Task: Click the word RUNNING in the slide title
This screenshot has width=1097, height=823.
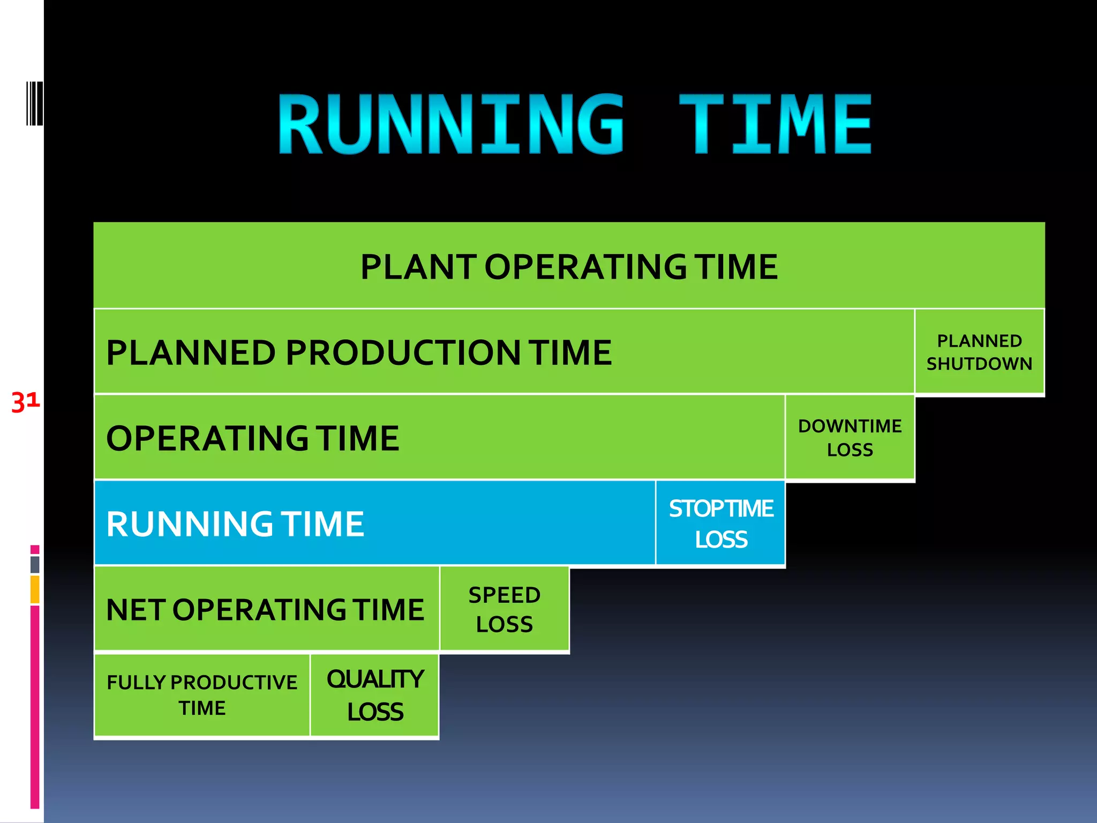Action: (450, 124)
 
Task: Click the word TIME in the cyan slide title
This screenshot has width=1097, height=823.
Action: (775, 124)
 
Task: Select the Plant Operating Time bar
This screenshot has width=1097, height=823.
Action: (569, 266)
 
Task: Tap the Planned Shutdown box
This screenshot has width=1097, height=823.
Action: (979, 352)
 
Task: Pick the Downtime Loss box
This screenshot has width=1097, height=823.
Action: (850, 437)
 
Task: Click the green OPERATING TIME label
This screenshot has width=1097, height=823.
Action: (253, 438)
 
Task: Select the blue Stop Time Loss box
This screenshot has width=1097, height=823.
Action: (720, 523)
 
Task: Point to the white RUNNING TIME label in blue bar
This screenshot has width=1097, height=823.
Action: (235, 523)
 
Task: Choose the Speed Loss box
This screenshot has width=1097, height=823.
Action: (504, 609)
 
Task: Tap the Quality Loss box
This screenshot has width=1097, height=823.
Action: (374, 695)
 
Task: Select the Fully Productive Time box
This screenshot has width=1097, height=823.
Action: (202, 695)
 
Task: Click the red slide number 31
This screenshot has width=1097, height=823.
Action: (25, 402)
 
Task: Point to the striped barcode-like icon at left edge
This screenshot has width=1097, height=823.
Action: (34, 103)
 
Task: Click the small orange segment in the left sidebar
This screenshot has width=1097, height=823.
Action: (35, 589)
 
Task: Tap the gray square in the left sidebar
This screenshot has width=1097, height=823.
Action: (35, 564)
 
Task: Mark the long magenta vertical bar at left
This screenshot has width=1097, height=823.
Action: (35, 707)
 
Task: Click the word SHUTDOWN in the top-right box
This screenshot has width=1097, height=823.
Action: (979, 364)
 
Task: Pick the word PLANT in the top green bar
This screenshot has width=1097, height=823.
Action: (418, 267)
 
